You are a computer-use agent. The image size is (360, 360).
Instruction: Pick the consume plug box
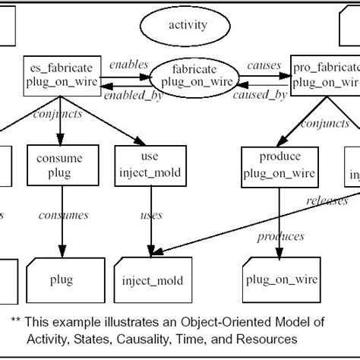click(x=58, y=165)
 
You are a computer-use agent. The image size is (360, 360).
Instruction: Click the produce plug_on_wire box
click(x=272, y=165)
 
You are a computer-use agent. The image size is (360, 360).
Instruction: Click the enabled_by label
click(x=125, y=95)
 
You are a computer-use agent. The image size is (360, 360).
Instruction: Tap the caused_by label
click(x=260, y=95)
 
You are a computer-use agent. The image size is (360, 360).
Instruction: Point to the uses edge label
click(x=151, y=216)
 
